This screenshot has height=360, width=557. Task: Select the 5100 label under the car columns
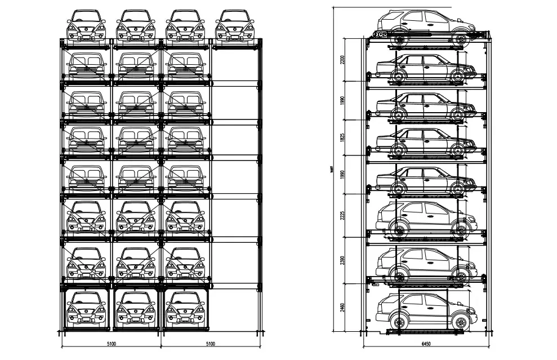tap(112, 343)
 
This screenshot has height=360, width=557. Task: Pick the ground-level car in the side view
tap(425, 310)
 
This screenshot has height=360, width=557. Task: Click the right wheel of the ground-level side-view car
tap(461, 323)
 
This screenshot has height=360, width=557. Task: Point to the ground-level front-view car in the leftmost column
tap(86, 309)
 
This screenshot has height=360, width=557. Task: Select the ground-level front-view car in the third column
tap(185, 309)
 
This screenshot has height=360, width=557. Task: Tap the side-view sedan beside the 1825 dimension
tap(425, 141)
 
